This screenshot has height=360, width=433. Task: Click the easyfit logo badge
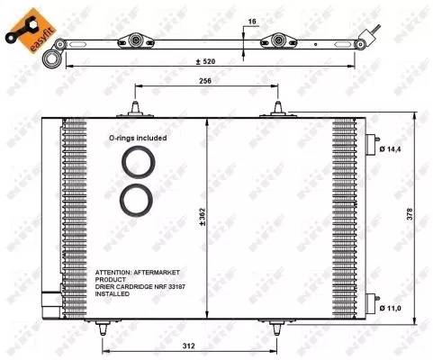(x=24, y=29)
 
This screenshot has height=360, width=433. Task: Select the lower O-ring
(x=137, y=200)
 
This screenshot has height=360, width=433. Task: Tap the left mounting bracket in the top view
(x=137, y=40)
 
